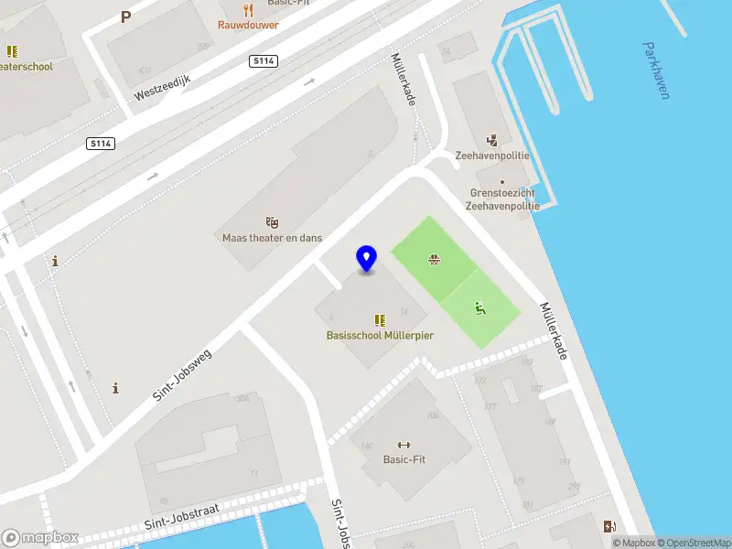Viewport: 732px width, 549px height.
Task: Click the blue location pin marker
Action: click(367, 259)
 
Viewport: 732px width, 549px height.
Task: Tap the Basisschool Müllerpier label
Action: click(380, 335)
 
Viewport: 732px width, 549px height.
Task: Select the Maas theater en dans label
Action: click(272, 238)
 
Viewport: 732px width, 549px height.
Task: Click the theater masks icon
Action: click(271, 222)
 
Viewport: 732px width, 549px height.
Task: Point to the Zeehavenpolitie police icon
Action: click(492, 141)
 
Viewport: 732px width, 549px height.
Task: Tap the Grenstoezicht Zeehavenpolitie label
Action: click(502, 199)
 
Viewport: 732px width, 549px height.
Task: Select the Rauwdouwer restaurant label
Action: click(248, 25)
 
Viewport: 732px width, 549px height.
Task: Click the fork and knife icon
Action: click(248, 10)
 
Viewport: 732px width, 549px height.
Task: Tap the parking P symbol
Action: click(125, 16)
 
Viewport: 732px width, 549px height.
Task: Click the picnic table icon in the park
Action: click(433, 260)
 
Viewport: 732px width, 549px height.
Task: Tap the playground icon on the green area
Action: click(479, 308)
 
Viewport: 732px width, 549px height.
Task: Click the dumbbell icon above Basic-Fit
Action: click(404, 445)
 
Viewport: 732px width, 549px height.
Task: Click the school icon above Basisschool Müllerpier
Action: click(379, 320)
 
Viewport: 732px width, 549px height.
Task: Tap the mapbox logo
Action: click(40, 538)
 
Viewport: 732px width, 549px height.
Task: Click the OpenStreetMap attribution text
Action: click(694, 543)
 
